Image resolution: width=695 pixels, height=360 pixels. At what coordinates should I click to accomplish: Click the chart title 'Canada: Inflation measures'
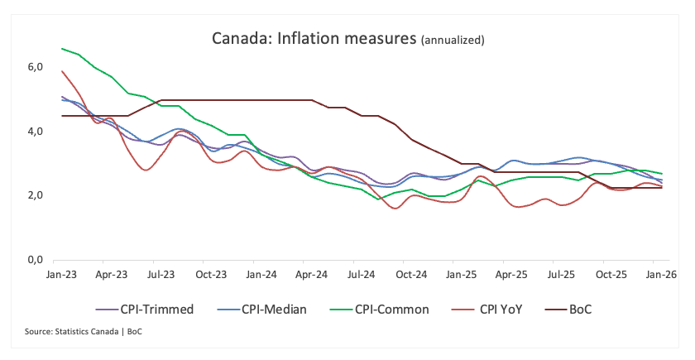(x=314, y=38)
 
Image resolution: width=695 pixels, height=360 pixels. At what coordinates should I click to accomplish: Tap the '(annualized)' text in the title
(x=453, y=40)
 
